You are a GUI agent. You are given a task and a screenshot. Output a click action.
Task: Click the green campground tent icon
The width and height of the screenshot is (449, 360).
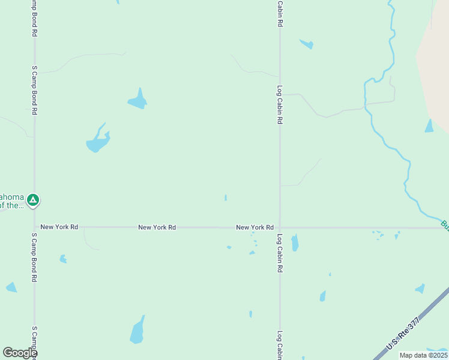tap(33, 200)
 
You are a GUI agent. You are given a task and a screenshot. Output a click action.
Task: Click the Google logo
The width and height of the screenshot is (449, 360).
tap(19, 353)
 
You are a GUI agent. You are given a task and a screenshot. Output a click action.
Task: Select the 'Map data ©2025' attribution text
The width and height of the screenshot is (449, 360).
tap(423, 355)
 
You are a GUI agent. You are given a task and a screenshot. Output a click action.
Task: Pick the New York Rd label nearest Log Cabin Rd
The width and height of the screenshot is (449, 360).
tap(255, 227)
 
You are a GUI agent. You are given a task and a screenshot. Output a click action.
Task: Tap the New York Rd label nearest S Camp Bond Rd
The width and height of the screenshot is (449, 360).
tap(59, 227)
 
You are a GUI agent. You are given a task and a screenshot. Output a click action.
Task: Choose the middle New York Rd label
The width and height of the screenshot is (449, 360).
tap(157, 227)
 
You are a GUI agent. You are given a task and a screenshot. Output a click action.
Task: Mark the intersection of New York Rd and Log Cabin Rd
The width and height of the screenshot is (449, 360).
tap(280, 227)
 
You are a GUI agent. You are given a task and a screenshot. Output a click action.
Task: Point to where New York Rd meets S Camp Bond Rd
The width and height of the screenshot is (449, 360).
tap(34, 227)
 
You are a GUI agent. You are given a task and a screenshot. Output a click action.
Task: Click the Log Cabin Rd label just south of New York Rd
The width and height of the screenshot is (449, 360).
tap(280, 254)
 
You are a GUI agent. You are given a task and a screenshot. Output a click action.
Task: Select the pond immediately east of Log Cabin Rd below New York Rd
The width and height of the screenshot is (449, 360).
tap(295, 243)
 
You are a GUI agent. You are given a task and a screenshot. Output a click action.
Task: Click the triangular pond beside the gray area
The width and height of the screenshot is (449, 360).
tap(429, 127)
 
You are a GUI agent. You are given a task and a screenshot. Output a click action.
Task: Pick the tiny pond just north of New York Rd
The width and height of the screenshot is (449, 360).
tap(226, 197)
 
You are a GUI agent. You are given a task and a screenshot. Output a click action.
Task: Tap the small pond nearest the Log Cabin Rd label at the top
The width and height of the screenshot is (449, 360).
tap(306, 44)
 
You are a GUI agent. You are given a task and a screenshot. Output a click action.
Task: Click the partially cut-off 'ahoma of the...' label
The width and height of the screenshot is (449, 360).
tap(11, 201)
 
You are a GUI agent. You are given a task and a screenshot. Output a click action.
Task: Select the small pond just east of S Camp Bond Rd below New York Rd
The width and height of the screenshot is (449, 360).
tap(63, 259)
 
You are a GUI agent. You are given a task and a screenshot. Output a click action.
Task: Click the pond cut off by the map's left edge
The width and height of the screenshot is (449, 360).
tap(11, 288)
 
